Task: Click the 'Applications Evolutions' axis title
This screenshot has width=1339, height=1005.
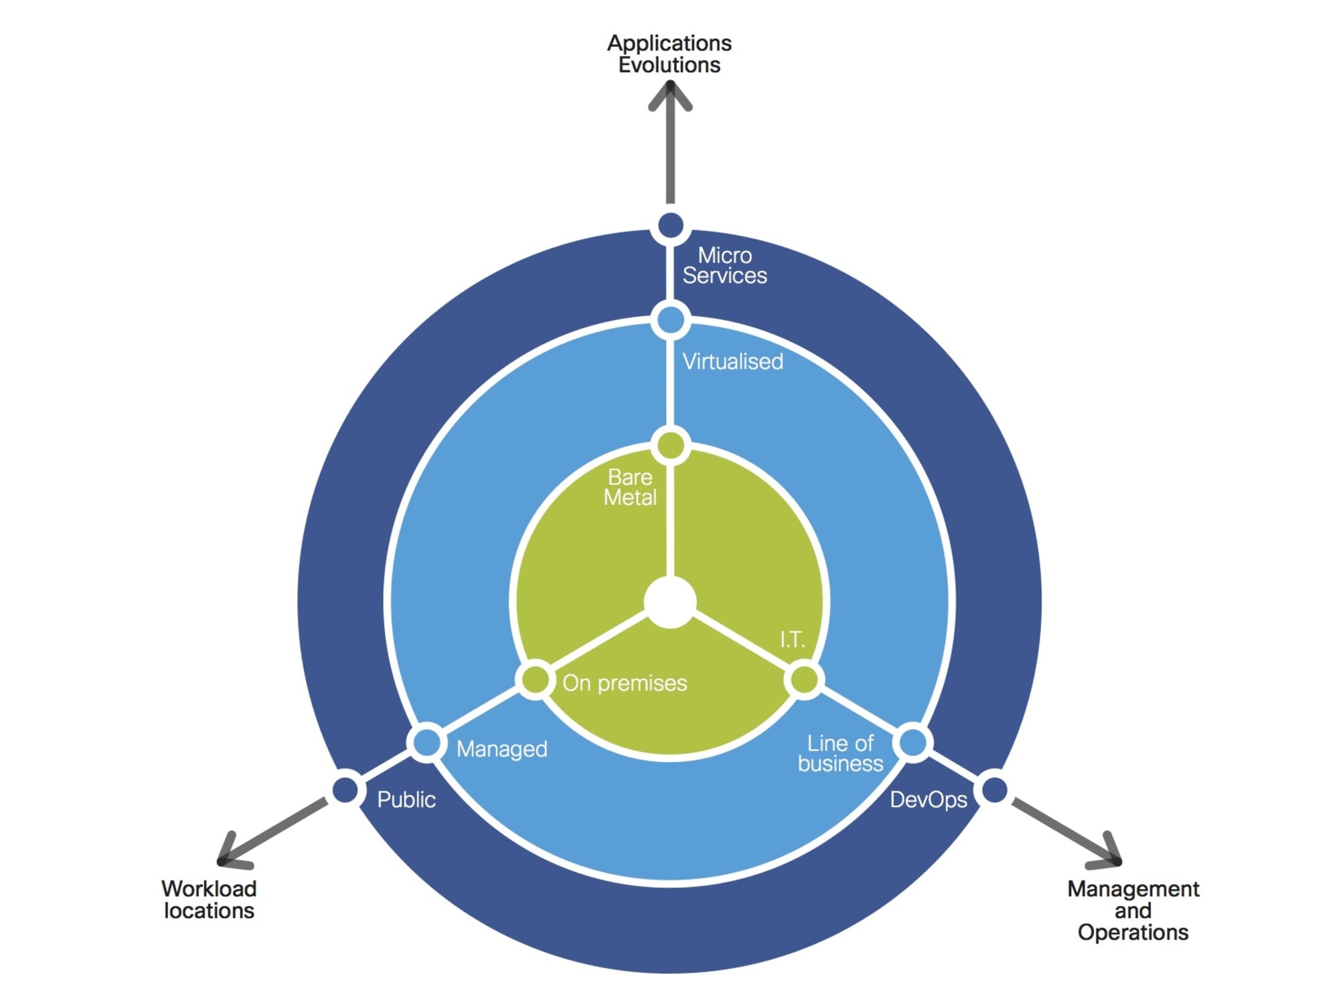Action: coord(669,54)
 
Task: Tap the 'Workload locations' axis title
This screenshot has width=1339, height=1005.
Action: coord(209,899)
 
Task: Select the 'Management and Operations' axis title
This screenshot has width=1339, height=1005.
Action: coord(1133,910)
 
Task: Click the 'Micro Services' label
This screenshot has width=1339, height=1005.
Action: coord(724,265)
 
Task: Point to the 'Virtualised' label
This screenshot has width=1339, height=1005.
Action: coord(732,362)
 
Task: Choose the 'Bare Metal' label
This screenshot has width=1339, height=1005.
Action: coord(629,487)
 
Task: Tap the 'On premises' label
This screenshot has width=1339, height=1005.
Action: coord(625,683)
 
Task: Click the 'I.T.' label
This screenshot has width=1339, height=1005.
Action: coord(792,639)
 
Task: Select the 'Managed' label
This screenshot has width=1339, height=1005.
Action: coord(501,749)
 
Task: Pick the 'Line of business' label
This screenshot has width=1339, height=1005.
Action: coord(840,753)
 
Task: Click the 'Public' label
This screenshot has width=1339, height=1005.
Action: coord(406,799)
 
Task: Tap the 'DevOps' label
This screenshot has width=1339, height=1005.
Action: coord(928,799)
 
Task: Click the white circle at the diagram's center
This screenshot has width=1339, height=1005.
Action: coord(669,603)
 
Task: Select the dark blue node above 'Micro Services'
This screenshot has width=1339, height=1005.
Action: coord(670,226)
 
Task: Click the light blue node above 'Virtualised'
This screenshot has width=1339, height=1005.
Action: coord(670,320)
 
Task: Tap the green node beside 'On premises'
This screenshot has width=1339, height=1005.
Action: coord(536,680)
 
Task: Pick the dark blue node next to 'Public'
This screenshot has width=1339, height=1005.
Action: coord(345,789)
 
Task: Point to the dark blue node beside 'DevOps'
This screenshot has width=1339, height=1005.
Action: coord(994,789)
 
